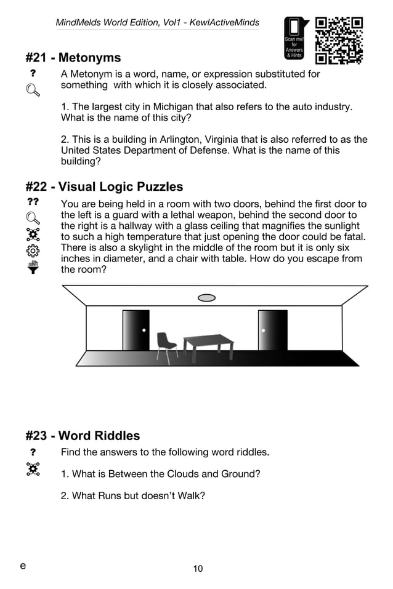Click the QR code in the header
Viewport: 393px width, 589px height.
click(x=339, y=41)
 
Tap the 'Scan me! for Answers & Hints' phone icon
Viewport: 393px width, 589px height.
click(x=294, y=38)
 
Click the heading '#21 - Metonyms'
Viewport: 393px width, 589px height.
click(x=73, y=58)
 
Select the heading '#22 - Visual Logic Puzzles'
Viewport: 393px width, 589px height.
click(x=104, y=186)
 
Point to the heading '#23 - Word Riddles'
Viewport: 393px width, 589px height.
click(x=83, y=436)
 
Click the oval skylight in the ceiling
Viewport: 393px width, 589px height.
click(x=207, y=298)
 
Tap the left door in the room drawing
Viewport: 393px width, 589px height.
click(x=136, y=331)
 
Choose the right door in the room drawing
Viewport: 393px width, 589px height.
click(x=272, y=331)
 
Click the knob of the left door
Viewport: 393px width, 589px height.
click(x=144, y=331)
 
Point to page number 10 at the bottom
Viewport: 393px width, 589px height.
click(x=198, y=569)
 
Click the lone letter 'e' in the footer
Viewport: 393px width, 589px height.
click(x=23, y=566)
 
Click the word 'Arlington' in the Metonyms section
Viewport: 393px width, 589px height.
click(x=179, y=140)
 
